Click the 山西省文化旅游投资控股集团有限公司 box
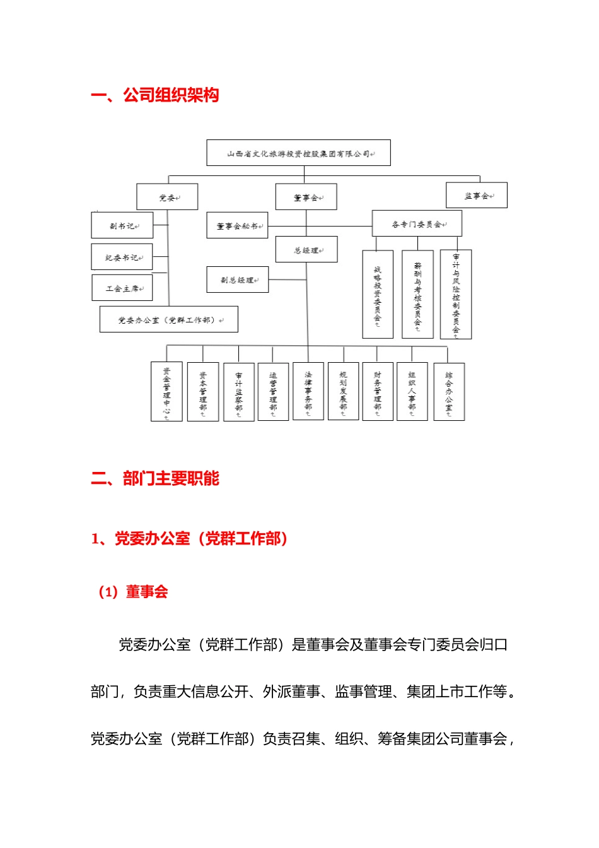pos(298,153)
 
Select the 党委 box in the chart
pos(167,197)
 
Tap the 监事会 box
pos(476,196)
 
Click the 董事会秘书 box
pos(237,225)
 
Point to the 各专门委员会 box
pos(417,224)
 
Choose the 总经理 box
pos(306,250)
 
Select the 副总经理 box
pos(237,280)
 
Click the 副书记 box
pos(122,225)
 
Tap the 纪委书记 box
pos(122,257)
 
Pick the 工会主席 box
pos(122,288)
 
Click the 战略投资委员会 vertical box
pos(378,295)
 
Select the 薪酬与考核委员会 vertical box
pos(417,295)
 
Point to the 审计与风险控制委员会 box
pos(456,295)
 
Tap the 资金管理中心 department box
pos(166,391)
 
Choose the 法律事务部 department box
pos(308,391)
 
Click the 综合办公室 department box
pos(449,391)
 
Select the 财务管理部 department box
pos(378,391)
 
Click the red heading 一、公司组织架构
pos(155,95)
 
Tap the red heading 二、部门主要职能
pos(155,478)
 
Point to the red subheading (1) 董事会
pos(133,592)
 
